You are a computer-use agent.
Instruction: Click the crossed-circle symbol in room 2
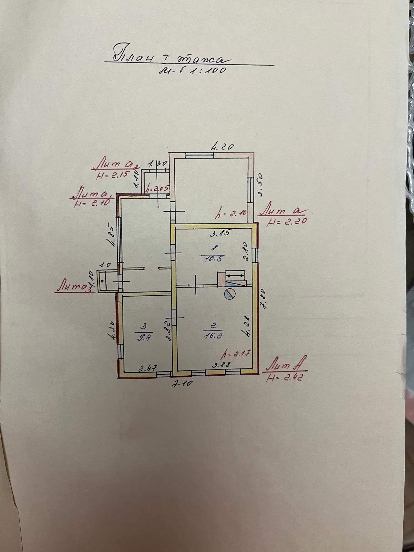(229, 294)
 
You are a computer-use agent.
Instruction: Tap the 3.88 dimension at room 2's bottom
(220, 364)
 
